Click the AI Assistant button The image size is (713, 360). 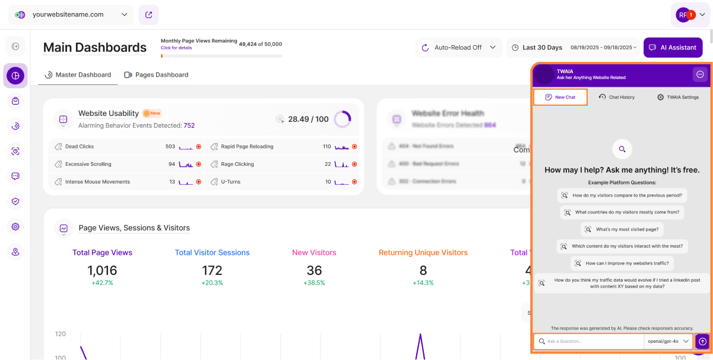pos(673,48)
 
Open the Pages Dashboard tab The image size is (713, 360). pos(156,75)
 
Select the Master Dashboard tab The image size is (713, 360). pos(78,75)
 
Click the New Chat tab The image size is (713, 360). pos(560,97)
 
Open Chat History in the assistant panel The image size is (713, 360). pos(617,97)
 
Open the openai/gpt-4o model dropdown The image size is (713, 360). pos(668,342)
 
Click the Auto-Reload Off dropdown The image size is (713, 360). pos(459,48)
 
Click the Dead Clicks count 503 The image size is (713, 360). pos(170,146)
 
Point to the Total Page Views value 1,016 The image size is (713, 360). pos(102,271)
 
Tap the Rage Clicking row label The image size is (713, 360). pos(237,164)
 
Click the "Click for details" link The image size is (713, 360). pos(176,48)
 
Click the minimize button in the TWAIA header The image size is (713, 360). pos(700,74)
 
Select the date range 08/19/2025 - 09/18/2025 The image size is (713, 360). pos(603,48)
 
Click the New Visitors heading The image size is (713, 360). pos(314,252)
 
